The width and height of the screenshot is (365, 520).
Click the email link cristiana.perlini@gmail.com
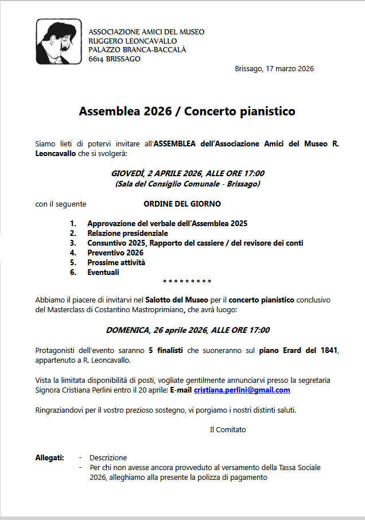click(x=242, y=390)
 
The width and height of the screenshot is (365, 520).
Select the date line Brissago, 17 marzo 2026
click(x=274, y=69)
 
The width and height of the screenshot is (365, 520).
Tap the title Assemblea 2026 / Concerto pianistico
click(x=187, y=111)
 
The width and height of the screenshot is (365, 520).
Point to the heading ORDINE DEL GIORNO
click(x=182, y=204)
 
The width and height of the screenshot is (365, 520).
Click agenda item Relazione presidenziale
click(x=127, y=233)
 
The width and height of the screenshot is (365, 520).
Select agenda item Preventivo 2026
click(x=115, y=253)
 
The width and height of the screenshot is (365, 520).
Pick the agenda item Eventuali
click(x=103, y=272)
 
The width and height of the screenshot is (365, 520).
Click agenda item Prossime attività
click(x=116, y=262)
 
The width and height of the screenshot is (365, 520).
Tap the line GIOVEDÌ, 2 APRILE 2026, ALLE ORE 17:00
click(x=187, y=173)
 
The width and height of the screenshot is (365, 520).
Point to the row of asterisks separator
click(x=187, y=282)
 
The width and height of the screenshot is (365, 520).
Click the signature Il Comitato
click(x=228, y=429)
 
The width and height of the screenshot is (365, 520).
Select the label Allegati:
click(x=50, y=457)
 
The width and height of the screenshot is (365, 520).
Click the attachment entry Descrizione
click(x=108, y=457)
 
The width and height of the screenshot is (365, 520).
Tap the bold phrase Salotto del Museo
click(x=172, y=300)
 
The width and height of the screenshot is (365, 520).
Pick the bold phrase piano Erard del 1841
click(x=298, y=350)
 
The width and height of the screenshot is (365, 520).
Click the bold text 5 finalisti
click(x=165, y=350)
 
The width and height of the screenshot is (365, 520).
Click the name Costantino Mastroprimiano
click(x=149, y=310)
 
